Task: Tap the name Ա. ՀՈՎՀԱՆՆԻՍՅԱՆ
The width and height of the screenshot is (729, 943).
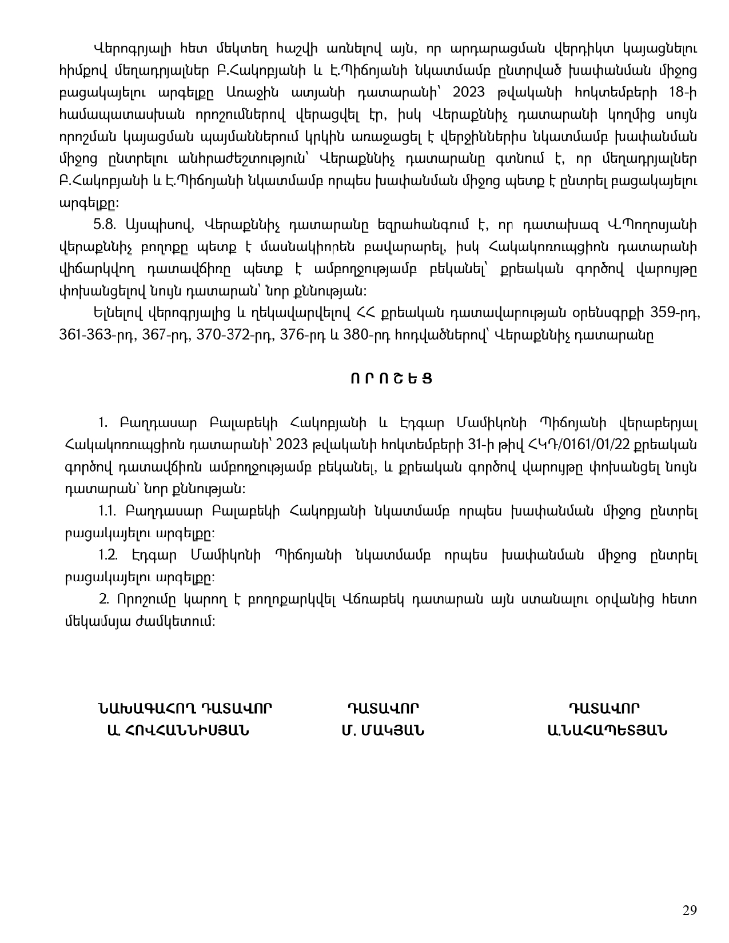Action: click(178, 730)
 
